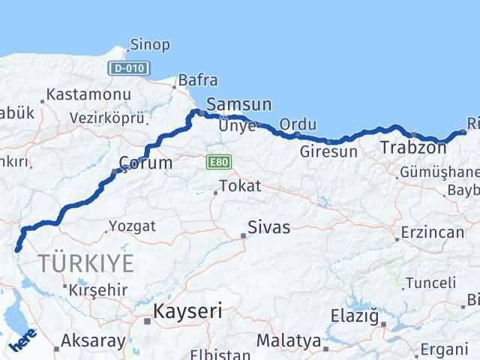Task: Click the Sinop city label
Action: tap(149, 45)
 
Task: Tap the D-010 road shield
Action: tap(129, 68)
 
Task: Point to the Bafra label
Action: tap(198, 79)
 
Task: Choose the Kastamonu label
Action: tap(88, 95)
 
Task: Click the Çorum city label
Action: tap(145, 162)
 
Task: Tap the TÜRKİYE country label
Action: tap(87, 262)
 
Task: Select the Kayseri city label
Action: tap(187, 311)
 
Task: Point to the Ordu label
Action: tap(298, 124)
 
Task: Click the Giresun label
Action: tap(328, 151)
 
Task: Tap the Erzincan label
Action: tap(433, 232)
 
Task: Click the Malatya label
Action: tap(288, 340)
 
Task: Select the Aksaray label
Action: tap(93, 340)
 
